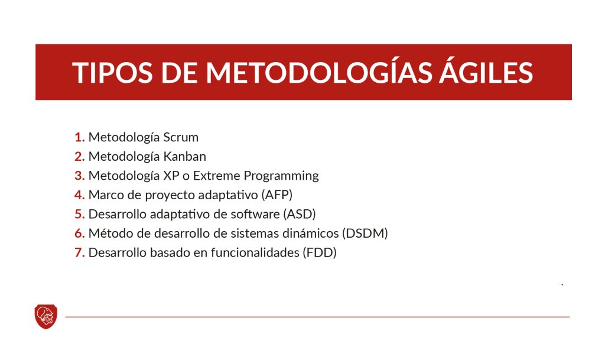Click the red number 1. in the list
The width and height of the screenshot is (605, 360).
coord(80,137)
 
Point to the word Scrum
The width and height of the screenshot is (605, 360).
coord(181,137)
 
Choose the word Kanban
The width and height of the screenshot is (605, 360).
coord(184,157)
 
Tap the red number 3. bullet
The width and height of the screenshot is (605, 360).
coord(80,176)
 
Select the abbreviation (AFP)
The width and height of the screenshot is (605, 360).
coord(277,194)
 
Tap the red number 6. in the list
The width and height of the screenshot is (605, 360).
coord(80,233)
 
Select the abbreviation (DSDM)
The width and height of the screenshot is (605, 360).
coord(365,233)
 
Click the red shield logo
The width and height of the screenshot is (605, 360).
coord(45,316)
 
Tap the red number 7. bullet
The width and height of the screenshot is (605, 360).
coord(80,252)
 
